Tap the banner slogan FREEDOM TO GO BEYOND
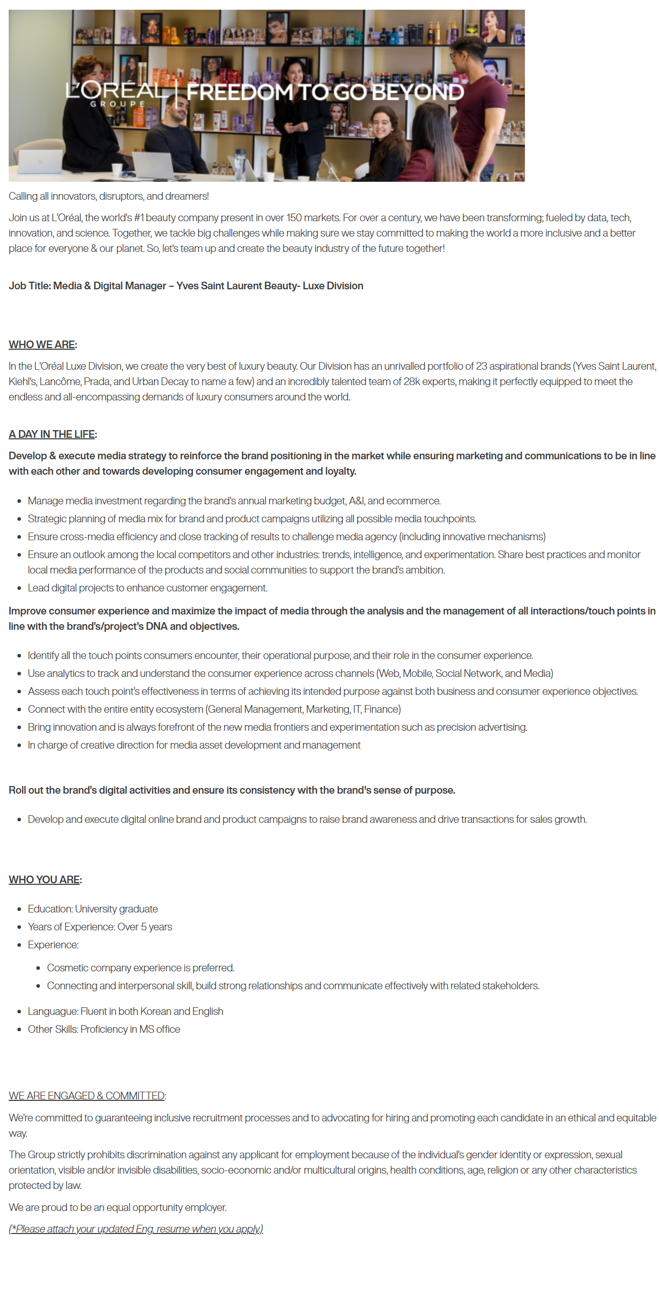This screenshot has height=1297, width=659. coord(325,93)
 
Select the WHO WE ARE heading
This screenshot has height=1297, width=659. coord(42,345)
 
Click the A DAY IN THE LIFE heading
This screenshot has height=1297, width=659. coord(52,434)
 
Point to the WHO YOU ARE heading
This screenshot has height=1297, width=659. coord(45,880)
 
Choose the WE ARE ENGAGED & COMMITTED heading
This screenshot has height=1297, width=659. coord(86,1096)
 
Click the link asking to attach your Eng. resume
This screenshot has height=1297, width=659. coord(136,1229)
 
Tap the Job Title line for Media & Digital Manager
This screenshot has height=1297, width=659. coord(186,286)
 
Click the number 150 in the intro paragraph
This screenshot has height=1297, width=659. coord(294,218)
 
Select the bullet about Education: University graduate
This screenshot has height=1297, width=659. coord(93,909)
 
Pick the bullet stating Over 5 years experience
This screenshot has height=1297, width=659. coord(100,927)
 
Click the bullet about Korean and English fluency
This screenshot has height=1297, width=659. coord(125,1011)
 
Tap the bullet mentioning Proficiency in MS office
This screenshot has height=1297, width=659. coord(104,1029)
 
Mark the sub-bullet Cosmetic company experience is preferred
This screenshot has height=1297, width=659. coord(141,968)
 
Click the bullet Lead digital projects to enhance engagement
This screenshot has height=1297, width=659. coord(147,588)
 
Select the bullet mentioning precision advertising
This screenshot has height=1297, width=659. coord(277,727)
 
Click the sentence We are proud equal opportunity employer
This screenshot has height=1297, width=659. coord(118,1207)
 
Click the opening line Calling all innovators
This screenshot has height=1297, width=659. coord(108,196)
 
